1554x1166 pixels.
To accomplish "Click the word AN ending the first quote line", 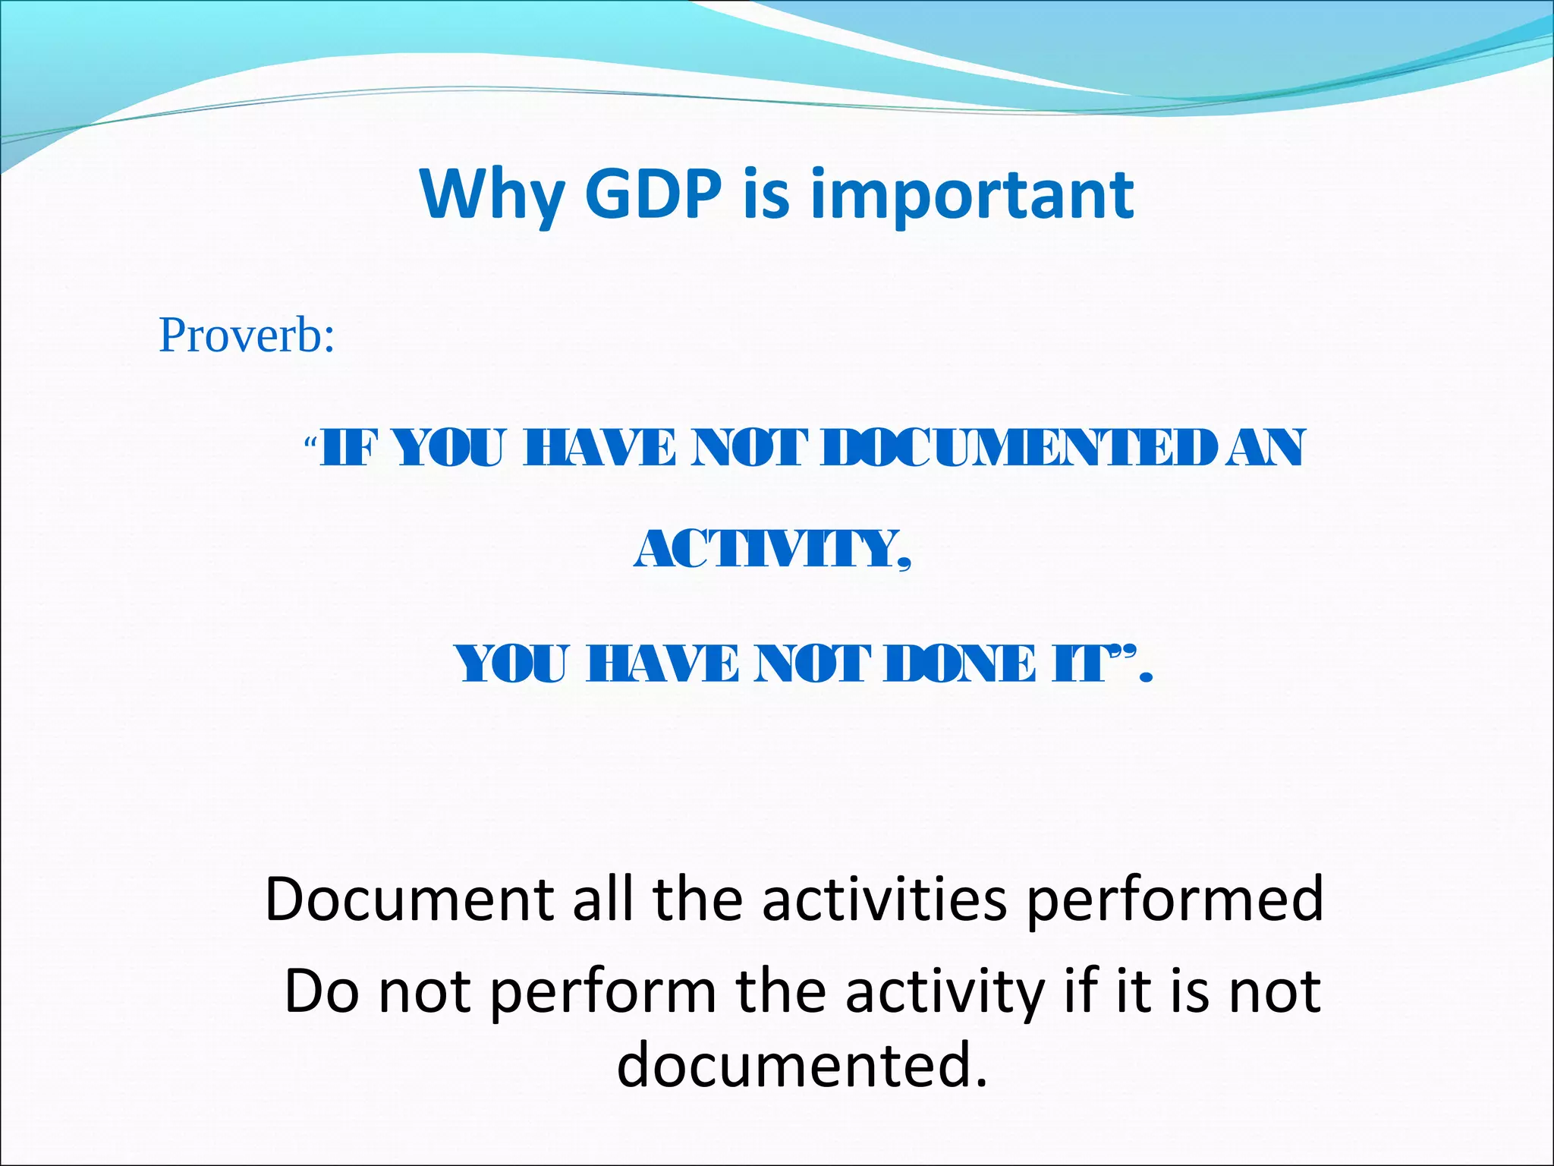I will coord(1266,448).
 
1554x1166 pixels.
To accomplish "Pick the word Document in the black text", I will coord(409,899).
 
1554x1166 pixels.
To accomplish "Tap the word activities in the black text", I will coord(884,899).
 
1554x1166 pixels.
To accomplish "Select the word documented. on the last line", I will coord(802,1064).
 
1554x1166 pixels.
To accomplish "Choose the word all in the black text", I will coord(603,899).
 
